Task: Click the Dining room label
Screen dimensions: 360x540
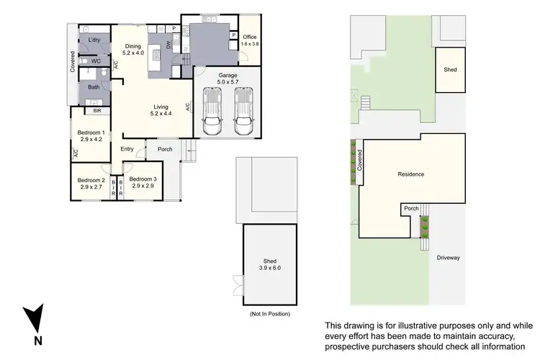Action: tap(132, 46)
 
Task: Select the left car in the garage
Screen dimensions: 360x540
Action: tap(212, 111)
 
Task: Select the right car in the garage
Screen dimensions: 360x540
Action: tap(244, 111)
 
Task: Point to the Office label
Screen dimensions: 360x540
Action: tap(249, 37)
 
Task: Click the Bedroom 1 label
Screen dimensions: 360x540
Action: tap(91, 132)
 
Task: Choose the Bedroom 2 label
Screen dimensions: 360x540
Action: tap(91, 180)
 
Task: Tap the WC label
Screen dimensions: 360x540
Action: tap(96, 61)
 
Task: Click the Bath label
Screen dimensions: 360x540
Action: tap(94, 87)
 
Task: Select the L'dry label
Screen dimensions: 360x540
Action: tap(94, 40)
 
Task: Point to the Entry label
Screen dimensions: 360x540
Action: tap(127, 149)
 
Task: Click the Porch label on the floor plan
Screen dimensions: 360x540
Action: tap(165, 149)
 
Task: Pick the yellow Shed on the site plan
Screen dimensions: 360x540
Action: tap(450, 70)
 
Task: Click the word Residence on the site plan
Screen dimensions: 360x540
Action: tap(411, 174)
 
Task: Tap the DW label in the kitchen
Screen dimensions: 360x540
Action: tap(167, 45)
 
